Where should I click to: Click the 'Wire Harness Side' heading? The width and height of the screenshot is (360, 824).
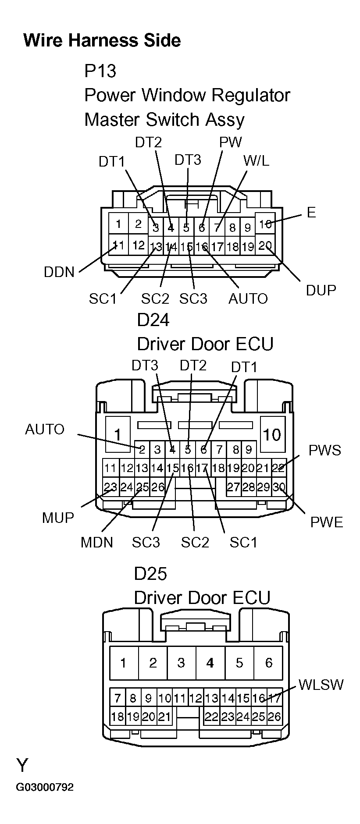tap(102, 40)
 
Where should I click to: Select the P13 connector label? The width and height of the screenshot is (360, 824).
tap(100, 71)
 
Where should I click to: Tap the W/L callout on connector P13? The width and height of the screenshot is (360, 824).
tap(256, 160)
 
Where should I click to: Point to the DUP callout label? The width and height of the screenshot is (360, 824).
tap(321, 290)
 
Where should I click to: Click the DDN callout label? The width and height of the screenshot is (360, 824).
tap(59, 272)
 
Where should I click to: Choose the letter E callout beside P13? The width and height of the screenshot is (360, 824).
tap(311, 213)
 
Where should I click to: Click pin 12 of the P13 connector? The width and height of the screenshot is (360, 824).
tap(138, 245)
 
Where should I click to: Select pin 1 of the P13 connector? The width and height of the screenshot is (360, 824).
tap(118, 224)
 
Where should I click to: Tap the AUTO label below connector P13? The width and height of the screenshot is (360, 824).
tap(248, 298)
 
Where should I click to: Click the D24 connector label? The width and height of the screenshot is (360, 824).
tap(153, 320)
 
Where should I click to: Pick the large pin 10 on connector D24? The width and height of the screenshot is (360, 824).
tap(271, 434)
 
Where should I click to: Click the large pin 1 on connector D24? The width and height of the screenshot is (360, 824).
tap(117, 435)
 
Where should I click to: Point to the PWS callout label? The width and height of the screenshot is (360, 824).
tap(324, 450)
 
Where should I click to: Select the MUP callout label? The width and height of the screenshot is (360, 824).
tap(58, 518)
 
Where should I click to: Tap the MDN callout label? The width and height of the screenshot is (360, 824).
tap(96, 542)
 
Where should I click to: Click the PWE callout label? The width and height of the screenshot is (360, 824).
tap(326, 522)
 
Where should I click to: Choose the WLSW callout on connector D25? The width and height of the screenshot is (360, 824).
tap(321, 684)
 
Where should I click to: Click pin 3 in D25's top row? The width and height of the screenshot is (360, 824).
tap(181, 663)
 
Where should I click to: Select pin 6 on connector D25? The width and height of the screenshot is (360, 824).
tap(268, 663)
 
